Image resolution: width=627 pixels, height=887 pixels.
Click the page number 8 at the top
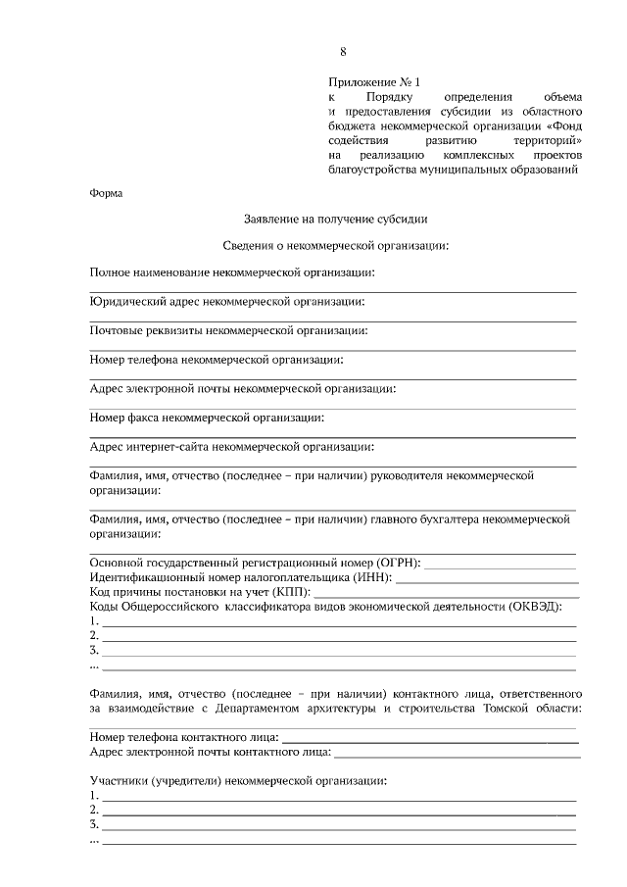click(x=343, y=51)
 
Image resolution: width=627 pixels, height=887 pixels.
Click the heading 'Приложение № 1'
click(x=375, y=83)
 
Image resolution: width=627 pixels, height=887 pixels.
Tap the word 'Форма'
click(x=106, y=193)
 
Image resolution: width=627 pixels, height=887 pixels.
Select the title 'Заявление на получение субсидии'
click(x=335, y=220)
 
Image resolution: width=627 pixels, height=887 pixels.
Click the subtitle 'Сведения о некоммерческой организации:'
click(x=335, y=245)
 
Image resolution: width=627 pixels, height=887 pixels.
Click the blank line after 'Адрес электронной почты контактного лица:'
click(x=457, y=753)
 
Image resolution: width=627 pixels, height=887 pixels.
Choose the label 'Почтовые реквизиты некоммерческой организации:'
click(x=228, y=330)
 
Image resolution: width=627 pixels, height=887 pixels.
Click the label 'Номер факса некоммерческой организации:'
click(x=207, y=419)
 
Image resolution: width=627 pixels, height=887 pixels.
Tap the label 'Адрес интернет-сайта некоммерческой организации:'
click(x=231, y=447)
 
